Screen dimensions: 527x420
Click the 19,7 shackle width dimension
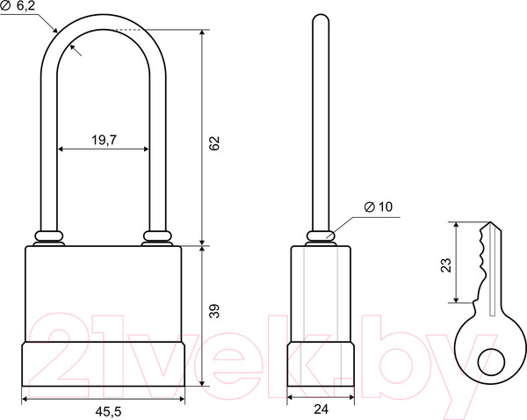[105, 140]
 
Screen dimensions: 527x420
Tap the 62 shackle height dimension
[214, 143]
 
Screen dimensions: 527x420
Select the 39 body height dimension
[214, 311]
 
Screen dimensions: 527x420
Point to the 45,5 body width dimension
[108, 411]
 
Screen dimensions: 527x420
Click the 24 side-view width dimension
[321, 409]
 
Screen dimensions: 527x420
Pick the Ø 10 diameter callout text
[379, 206]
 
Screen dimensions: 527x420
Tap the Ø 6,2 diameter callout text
[18, 6]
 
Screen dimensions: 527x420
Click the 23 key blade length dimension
[446, 265]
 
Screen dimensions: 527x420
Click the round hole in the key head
[491, 362]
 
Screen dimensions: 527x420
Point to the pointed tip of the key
[490, 222]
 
